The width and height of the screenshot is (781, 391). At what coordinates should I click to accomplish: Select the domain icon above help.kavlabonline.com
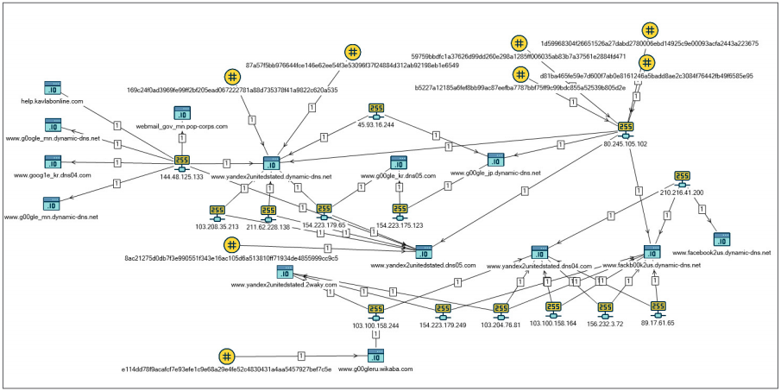(54, 89)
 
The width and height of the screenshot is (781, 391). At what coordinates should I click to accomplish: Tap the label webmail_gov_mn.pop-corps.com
(181, 126)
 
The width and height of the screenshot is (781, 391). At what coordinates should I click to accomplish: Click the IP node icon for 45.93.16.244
(376, 111)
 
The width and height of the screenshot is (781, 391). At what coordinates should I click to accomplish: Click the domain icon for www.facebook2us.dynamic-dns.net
(721, 239)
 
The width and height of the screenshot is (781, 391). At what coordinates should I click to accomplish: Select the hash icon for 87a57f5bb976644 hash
(352, 52)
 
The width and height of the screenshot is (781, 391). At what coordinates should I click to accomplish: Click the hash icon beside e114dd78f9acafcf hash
(226, 356)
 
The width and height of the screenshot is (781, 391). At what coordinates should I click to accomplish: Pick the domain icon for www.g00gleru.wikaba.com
(375, 356)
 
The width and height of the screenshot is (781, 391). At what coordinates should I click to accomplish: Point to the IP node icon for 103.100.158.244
(376, 312)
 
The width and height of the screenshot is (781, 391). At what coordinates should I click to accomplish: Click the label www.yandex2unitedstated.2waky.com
(279, 284)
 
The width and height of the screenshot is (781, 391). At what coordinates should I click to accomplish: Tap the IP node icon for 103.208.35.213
(217, 212)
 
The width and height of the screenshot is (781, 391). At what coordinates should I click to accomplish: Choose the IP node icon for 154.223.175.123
(400, 211)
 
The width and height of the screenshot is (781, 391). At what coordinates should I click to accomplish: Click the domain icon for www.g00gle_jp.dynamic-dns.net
(494, 161)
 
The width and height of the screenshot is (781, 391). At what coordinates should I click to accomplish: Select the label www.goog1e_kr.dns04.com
(53, 175)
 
